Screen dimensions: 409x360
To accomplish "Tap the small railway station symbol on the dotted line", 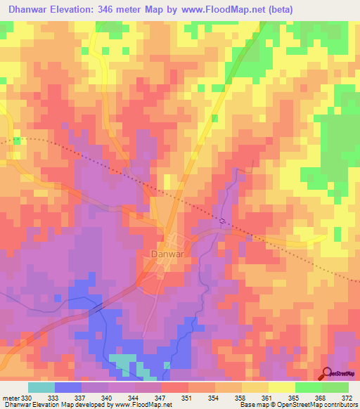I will click(x=223, y=221).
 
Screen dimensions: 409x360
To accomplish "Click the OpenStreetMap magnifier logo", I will click(x=328, y=372).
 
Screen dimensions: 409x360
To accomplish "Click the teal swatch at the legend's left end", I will click(x=41, y=388).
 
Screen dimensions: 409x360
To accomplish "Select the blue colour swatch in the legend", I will click(x=68, y=388).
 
